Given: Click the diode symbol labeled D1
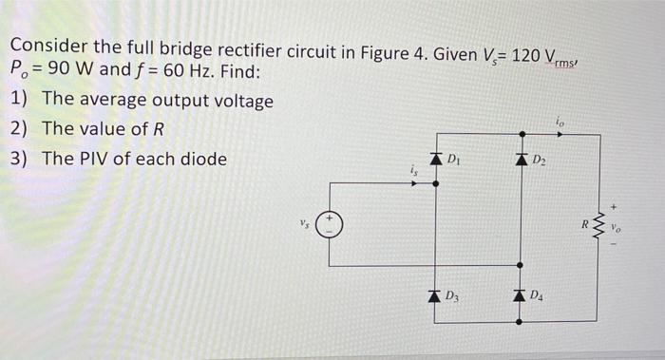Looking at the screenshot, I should [x=436, y=159].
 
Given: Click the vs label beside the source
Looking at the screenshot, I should [x=302, y=227].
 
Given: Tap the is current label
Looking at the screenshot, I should [x=412, y=171].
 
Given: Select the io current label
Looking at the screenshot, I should [x=561, y=121].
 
